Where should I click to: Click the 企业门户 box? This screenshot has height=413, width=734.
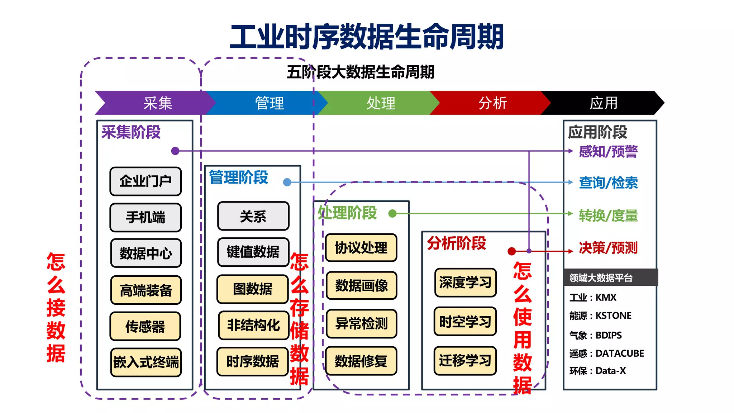point(146,181)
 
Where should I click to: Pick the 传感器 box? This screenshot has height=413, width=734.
point(145,327)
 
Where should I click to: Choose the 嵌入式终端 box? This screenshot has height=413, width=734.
point(146,362)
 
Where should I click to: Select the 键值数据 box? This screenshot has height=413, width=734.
point(253,252)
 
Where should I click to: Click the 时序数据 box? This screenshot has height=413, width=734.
point(253,361)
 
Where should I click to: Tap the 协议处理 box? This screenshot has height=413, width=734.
point(361,248)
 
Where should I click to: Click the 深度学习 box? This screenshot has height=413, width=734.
point(465,283)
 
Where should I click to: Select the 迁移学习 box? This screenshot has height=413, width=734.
point(465,361)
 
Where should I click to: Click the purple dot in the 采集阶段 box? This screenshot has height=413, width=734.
point(175,151)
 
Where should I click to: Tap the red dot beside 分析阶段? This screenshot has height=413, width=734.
point(512,251)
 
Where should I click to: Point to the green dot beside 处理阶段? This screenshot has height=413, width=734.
point(392,214)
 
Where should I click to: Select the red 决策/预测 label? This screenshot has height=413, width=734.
point(608,248)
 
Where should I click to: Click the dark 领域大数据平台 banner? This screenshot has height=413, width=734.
point(610,277)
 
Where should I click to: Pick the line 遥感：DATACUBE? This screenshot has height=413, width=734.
point(606,353)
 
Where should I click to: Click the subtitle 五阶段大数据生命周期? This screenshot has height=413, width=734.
point(360,72)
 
